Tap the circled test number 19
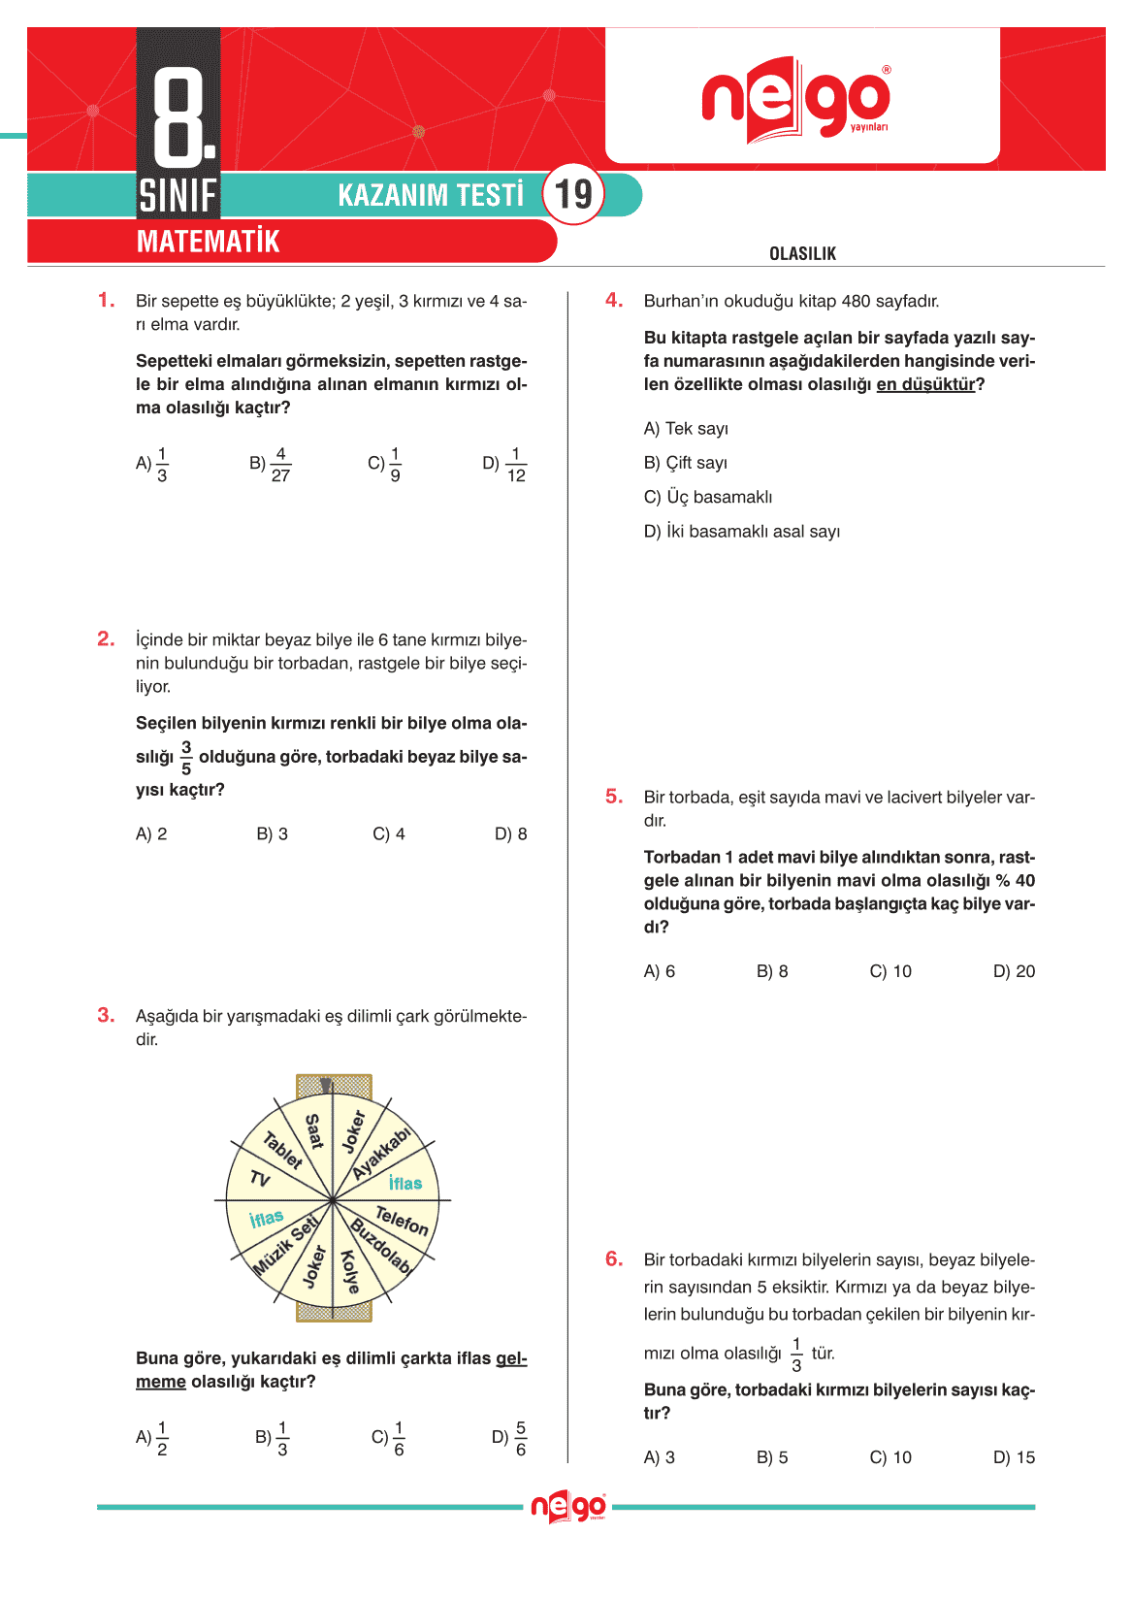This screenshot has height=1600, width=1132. click(x=573, y=194)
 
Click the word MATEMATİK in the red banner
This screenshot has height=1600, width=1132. click(x=208, y=242)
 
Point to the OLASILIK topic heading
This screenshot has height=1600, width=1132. click(x=802, y=254)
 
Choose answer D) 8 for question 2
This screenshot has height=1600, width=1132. click(x=510, y=834)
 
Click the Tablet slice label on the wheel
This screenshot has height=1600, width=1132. click(x=283, y=1150)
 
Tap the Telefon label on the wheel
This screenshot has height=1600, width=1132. click(x=402, y=1220)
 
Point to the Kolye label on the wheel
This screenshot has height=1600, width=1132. click(x=350, y=1271)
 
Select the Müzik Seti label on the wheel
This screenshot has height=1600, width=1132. click(x=285, y=1245)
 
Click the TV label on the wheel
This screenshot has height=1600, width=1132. click(x=259, y=1179)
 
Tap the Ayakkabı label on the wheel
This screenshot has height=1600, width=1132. click(x=381, y=1153)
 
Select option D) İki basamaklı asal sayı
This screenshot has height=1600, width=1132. click(x=742, y=532)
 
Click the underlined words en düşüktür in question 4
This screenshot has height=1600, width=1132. click(x=925, y=385)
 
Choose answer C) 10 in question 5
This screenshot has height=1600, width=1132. click(x=890, y=972)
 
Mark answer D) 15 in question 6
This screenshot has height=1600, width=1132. click(x=1014, y=1458)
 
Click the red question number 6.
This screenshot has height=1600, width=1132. click(x=614, y=1259)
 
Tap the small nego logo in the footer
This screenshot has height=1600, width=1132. click(x=568, y=1507)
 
